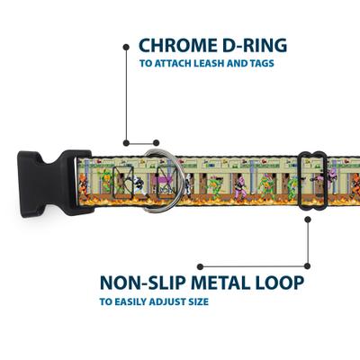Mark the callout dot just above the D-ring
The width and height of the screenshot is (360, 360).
[129, 141]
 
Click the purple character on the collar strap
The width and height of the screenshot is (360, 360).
[241, 183]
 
